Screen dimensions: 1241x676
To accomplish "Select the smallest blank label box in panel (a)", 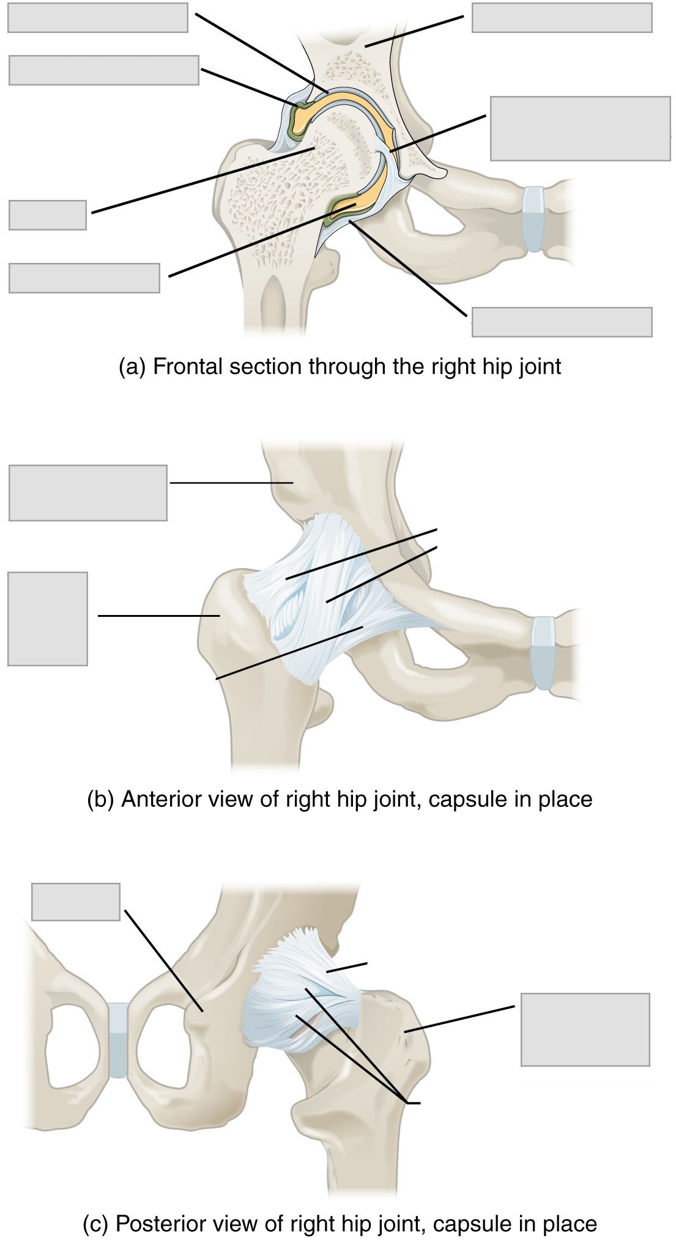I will pos(48,215).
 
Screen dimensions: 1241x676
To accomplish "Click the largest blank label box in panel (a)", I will pos(580,128).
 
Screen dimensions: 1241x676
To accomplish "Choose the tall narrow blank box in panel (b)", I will pos(48,619).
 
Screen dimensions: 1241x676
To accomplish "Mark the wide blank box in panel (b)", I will pos(88,493).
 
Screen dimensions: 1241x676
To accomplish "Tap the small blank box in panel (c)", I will pos(76,901).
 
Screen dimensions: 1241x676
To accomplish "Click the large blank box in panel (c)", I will pos(585,1029).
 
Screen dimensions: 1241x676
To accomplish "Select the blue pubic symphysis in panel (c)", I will pos(117,1040).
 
